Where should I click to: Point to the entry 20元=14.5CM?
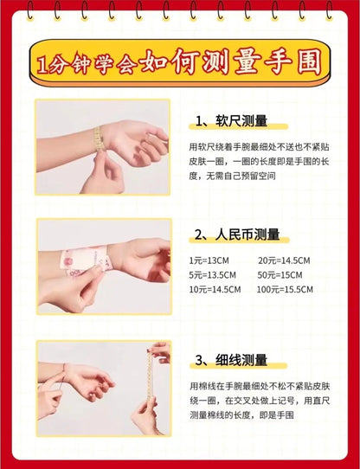coord(286,261)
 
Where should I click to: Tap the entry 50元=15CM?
coord(282,275)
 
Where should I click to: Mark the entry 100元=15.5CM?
coord(289,289)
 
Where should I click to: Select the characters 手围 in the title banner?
coord(291,62)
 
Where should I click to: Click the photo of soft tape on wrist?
coord(102,146)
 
